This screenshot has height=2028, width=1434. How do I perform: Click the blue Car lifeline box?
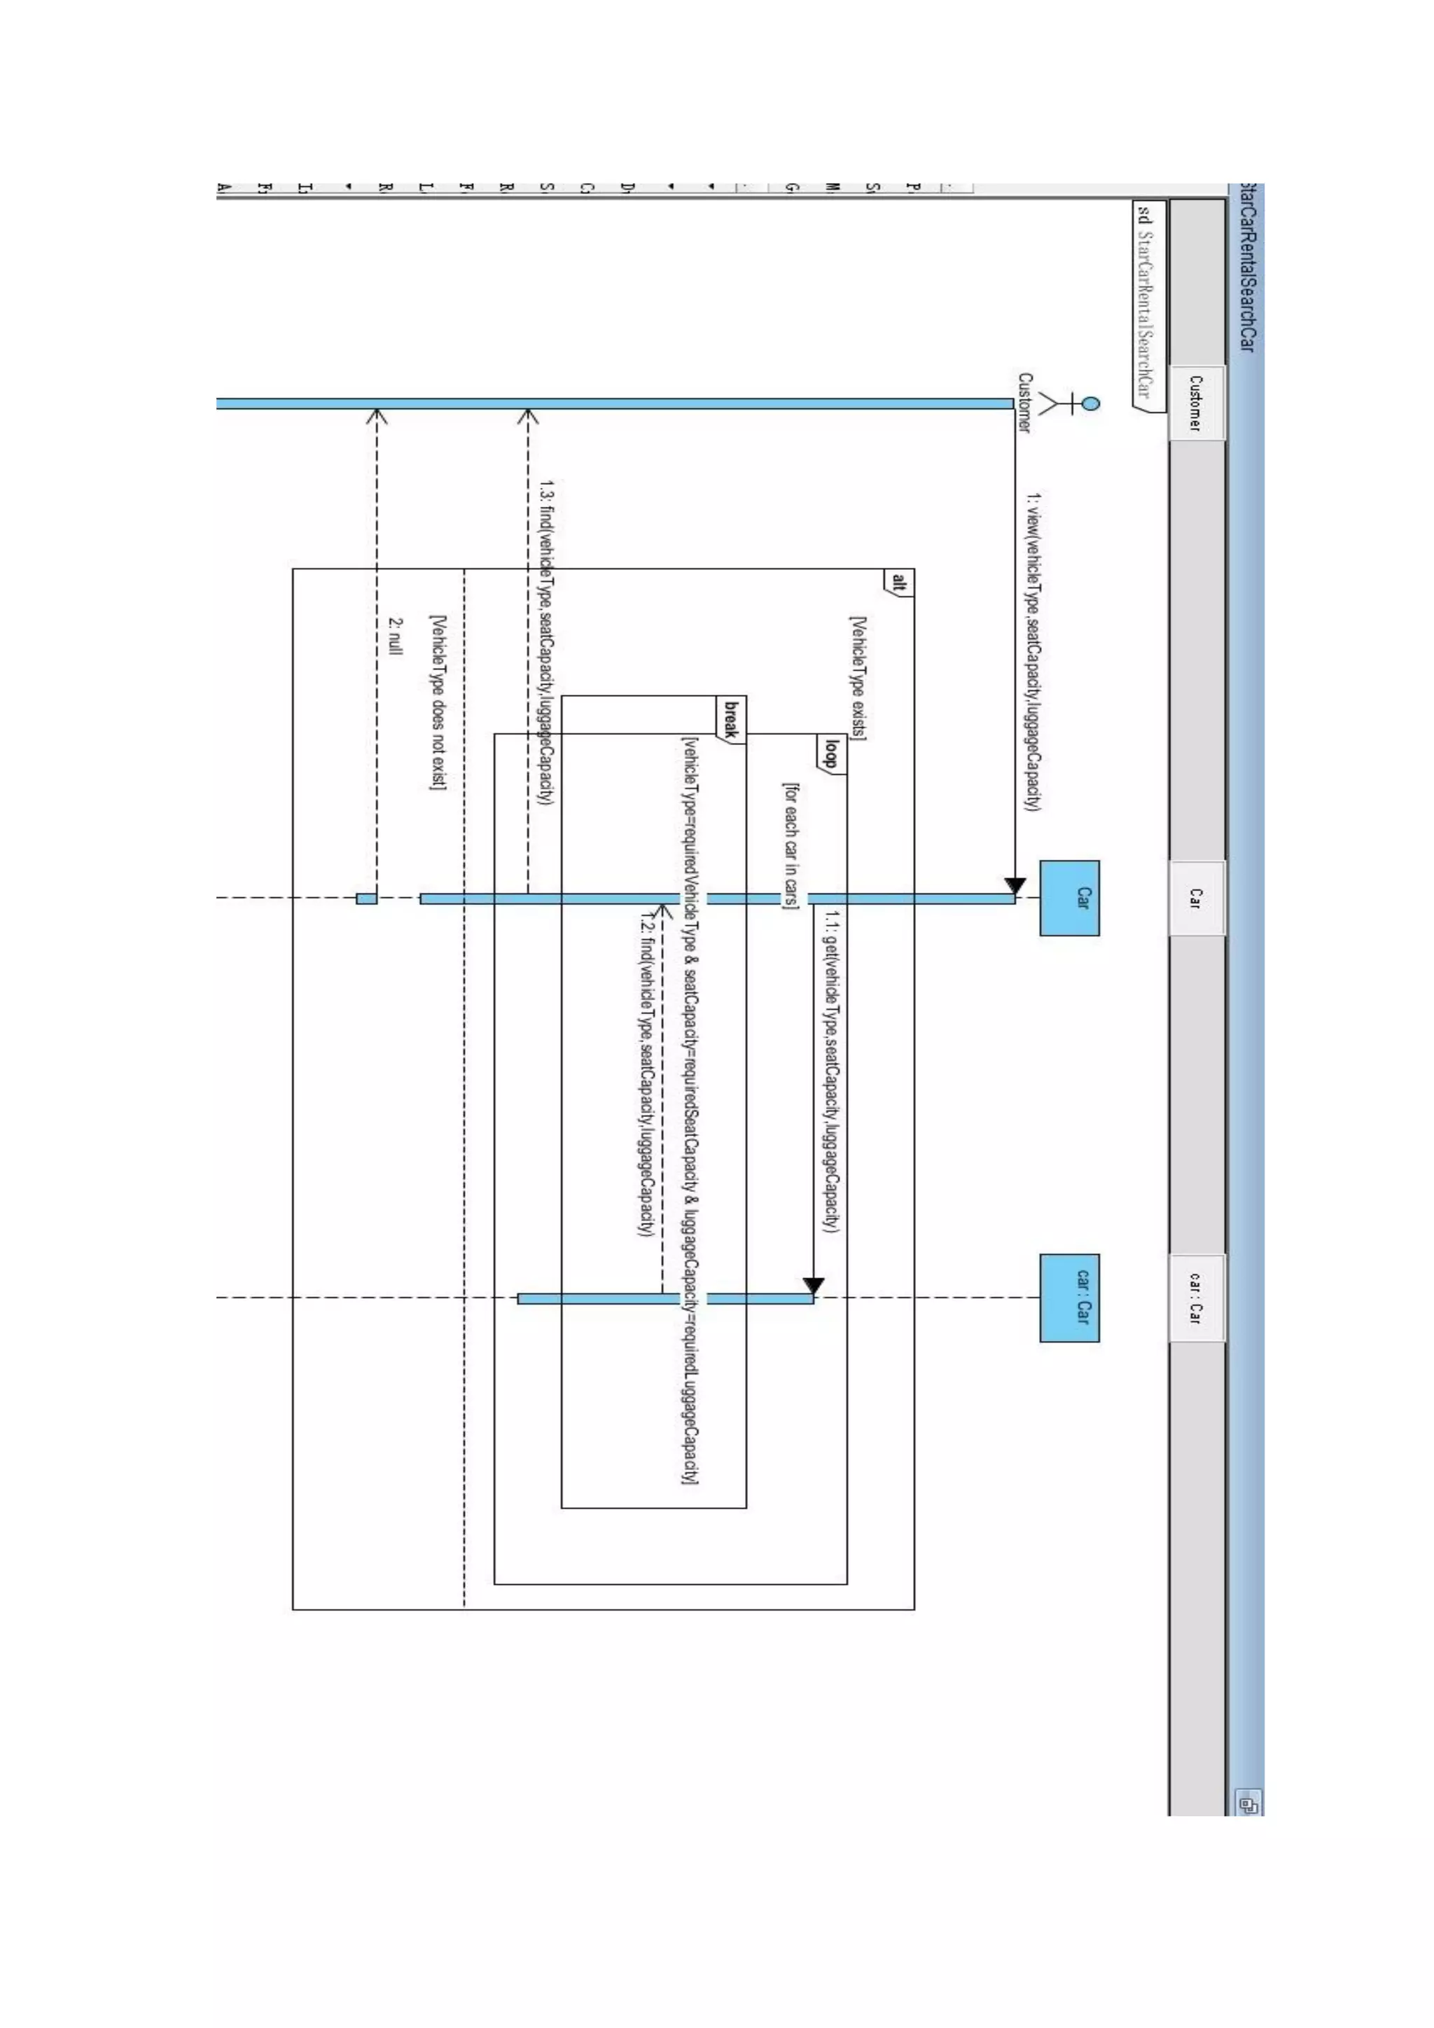(1069, 898)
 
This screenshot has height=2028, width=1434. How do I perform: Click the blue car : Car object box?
(1069, 1298)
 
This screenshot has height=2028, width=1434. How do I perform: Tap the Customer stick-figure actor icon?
(1066, 403)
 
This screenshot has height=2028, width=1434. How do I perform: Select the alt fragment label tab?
(898, 582)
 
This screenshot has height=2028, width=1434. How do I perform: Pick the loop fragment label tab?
(831, 753)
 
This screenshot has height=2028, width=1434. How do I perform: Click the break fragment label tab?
(730, 718)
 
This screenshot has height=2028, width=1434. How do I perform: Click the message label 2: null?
(395, 636)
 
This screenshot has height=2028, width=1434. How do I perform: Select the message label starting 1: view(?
(1032, 652)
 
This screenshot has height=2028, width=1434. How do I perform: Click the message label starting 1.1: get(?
(831, 1071)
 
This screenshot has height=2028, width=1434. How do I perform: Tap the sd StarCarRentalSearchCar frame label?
(1146, 300)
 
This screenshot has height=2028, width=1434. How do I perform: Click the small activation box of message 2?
(366, 898)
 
